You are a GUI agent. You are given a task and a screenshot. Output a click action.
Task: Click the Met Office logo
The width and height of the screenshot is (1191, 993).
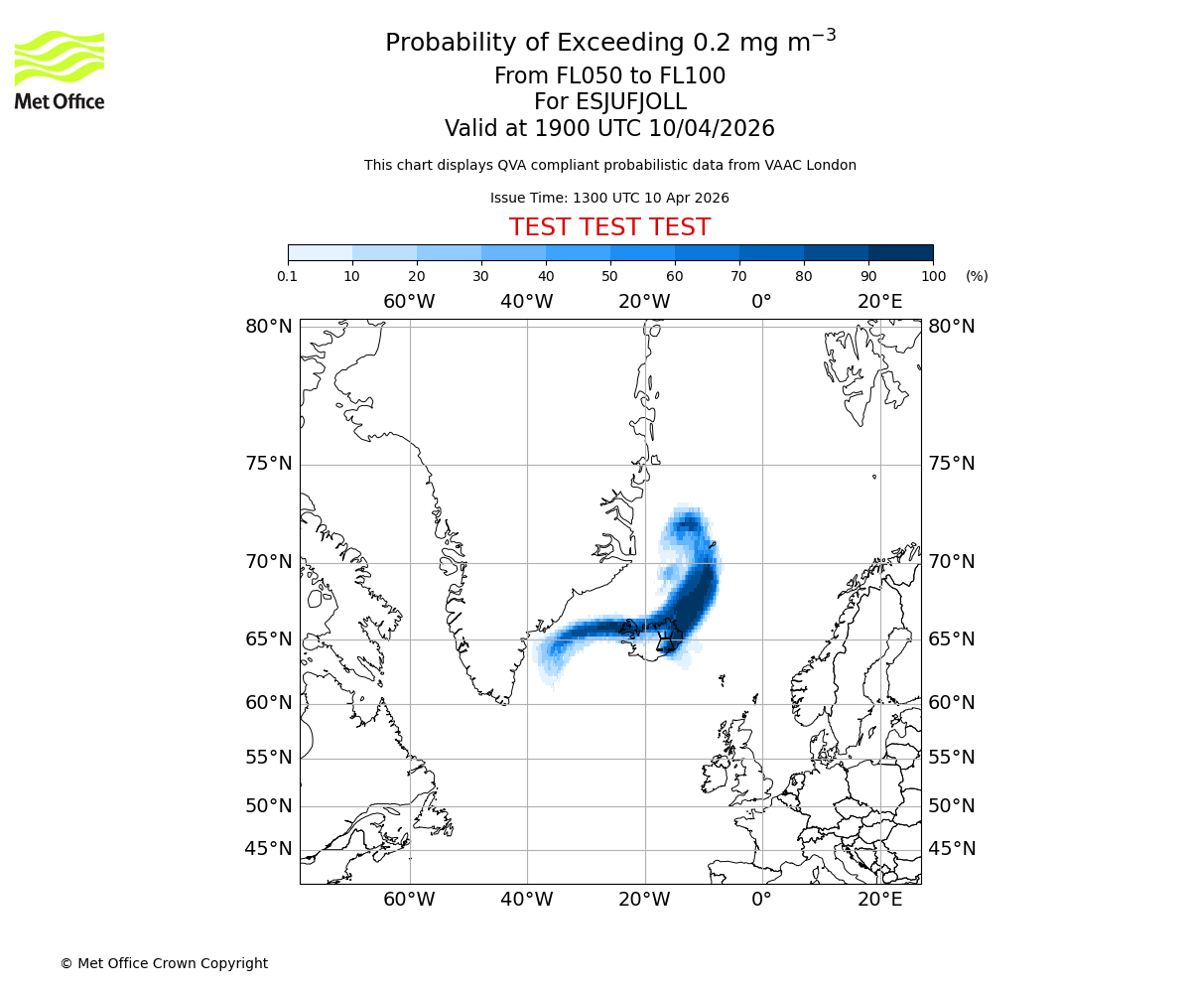pos(60,70)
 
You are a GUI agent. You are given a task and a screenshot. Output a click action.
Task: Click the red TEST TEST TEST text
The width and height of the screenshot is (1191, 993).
pos(609,227)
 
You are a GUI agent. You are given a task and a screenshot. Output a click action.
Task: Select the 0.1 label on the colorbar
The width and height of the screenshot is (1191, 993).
pos(288,276)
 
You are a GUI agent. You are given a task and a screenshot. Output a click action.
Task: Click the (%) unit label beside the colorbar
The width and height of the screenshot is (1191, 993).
pos(977,276)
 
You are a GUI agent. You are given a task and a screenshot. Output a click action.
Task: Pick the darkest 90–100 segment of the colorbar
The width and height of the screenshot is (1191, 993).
pos(900,252)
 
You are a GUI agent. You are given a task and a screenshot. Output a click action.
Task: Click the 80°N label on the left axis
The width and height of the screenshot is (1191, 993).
pos(269,327)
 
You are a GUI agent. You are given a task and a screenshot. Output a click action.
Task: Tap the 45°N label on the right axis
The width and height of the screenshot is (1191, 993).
pos(952,849)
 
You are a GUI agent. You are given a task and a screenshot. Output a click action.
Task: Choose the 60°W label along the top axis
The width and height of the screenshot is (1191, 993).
pos(409,302)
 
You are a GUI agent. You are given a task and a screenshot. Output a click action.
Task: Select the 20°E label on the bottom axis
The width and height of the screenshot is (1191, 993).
pos(880,900)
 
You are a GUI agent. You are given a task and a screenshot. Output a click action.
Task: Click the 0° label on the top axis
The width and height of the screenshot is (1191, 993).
pos(761,302)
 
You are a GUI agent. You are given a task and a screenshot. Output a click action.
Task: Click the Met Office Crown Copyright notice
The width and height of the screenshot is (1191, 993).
pos(164,963)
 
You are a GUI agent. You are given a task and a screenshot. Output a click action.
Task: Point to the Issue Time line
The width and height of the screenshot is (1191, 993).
pos(609,198)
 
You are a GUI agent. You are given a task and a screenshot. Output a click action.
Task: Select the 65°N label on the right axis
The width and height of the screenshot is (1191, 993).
pos(952,638)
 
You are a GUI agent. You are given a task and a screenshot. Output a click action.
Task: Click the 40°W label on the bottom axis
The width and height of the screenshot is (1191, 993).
pos(526,900)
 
